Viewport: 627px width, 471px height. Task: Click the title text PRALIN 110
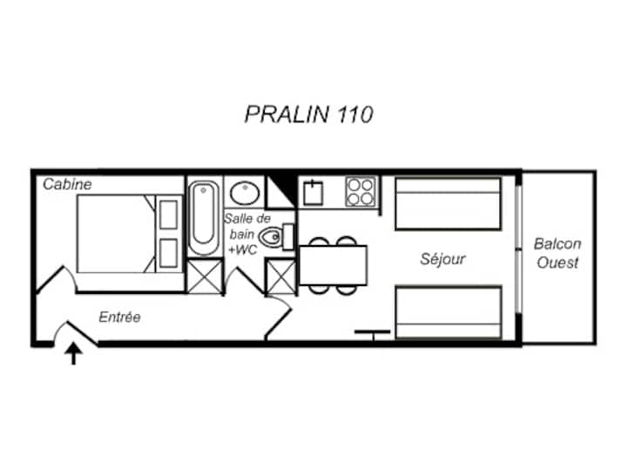(308, 114)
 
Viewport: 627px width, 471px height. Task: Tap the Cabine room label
(67, 184)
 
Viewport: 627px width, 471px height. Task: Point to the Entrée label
(119, 317)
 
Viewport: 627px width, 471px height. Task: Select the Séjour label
(442, 259)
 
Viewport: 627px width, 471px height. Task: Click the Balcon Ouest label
(557, 253)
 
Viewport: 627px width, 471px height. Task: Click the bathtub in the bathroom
(204, 217)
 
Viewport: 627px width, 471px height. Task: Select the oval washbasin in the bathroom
(245, 193)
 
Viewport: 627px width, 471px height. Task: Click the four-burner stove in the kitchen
(361, 192)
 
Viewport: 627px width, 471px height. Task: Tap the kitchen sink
(313, 193)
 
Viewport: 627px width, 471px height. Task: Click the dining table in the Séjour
(333, 265)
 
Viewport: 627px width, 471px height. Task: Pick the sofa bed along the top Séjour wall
(448, 204)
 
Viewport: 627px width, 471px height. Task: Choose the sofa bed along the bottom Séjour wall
(448, 313)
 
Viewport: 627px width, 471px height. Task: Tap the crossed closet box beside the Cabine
(205, 276)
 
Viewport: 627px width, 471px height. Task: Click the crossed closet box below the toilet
(281, 276)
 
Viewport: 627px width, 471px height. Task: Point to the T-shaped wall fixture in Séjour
(373, 335)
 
